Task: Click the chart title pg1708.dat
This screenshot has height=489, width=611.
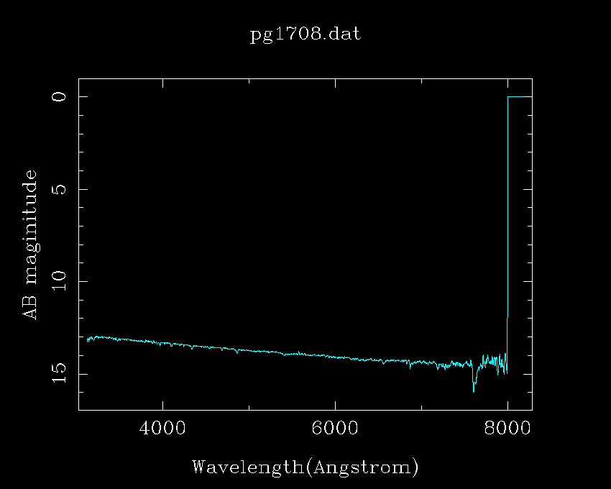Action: [x=305, y=35]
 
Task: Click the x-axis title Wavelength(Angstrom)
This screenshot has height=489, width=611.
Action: [x=305, y=467]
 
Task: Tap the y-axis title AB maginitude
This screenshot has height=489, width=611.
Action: [x=30, y=244]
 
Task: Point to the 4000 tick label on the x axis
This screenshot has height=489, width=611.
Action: [x=162, y=428]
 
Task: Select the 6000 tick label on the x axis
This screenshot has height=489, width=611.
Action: [x=335, y=428]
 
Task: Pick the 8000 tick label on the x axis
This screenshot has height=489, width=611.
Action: [x=507, y=428]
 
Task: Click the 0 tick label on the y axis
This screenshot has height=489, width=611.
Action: [x=60, y=96]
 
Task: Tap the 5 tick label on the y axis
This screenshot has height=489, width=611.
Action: [x=60, y=189]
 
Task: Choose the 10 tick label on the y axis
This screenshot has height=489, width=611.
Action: [x=60, y=281]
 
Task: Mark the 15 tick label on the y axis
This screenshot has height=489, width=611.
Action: [x=60, y=374]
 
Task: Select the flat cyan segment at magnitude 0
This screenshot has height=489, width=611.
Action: [x=520, y=96]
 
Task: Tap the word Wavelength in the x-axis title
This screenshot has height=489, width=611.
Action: [x=247, y=467]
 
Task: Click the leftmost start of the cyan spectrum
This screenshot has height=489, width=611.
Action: [x=88, y=339]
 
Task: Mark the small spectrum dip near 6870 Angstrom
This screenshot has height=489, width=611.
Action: [x=410, y=365]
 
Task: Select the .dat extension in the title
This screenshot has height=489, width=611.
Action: [x=344, y=35]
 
